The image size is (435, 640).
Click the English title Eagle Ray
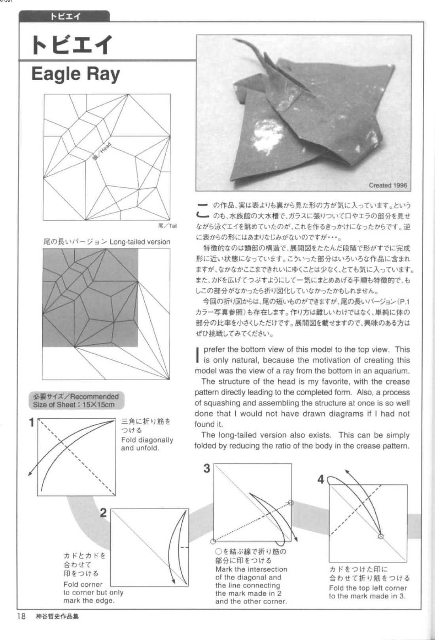(x=75, y=74)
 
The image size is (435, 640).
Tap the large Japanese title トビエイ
(x=72, y=45)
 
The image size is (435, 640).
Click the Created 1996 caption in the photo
(x=388, y=185)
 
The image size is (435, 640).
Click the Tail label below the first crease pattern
(x=168, y=226)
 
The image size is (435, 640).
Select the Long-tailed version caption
(x=107, y=242)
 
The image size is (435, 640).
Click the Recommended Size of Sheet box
(x=76, y=400)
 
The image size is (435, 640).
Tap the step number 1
(x=32, y=423)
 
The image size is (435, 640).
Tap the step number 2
(x=103, y=513)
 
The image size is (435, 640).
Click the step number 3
(x=206, y=468)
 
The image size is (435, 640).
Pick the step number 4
(x=321, y=480)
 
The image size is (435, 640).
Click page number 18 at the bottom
(x=21, y=616)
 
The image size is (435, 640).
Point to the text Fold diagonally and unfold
(x=147, y=444)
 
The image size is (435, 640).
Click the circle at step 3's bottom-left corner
(x=214, y=541)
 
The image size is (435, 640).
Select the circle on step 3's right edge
(x=291, y=503)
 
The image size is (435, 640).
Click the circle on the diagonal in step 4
(x=381, y=536)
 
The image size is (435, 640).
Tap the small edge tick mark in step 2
(x=184, y=547)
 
